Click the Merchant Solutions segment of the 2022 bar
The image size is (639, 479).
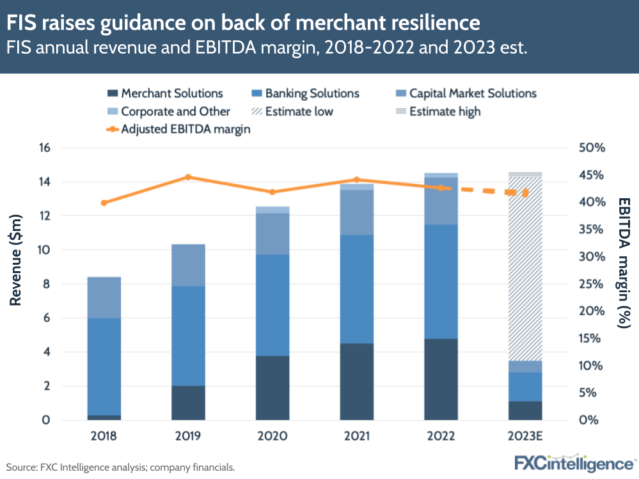(x=441, y=379)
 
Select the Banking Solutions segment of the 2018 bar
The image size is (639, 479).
(x=104, y=366)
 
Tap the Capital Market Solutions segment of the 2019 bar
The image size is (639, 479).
(x=188, y=265)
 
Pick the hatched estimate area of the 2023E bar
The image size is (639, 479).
(x=525, y=269)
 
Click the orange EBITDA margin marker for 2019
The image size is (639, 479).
(x=188, y=177)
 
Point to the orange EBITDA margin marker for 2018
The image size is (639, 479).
(x=104, y=203)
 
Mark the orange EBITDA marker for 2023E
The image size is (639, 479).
(x=526, y=193)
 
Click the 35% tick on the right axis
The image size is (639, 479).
(x=592, y=230)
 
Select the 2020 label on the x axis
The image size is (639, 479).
(x=272, y=436)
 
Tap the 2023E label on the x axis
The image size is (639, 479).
(x=525, y=436)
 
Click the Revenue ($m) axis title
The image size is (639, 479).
(x=17, y=261)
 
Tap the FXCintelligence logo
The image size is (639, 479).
(x=574, y=462)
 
